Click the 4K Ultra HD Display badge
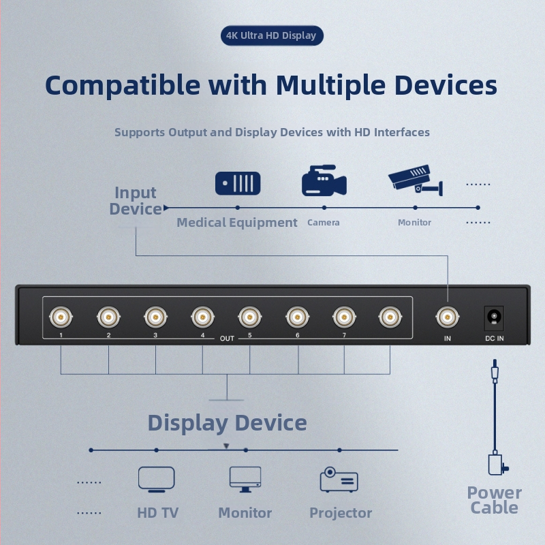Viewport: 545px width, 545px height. click(272, 35)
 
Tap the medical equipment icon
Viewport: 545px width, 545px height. click(238, 183)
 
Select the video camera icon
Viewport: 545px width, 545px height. click(324, 181)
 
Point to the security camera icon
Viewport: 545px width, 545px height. click(416, 180)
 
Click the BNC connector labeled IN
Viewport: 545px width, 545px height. click(448, 317)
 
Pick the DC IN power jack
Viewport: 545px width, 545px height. click(494, 317)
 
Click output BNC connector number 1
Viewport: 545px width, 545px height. click(61, 317)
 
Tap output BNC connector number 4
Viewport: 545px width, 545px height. click(202, 317)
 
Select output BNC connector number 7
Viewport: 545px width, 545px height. click(344, 317)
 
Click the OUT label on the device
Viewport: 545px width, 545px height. click(227, 339)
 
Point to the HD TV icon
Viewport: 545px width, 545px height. click(157, 480)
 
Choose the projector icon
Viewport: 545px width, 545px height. click(339, 480)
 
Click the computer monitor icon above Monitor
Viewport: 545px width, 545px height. click(245, 480)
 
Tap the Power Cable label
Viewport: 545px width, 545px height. click(495, 500)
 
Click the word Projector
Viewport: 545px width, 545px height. click(341, 513)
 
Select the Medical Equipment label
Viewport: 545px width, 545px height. click(236, 223)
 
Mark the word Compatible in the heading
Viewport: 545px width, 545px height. click(123, 85)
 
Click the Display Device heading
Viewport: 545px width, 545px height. click(228, 423)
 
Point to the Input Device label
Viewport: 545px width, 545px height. click(136, 201)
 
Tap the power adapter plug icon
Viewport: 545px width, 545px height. click(497, 465)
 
